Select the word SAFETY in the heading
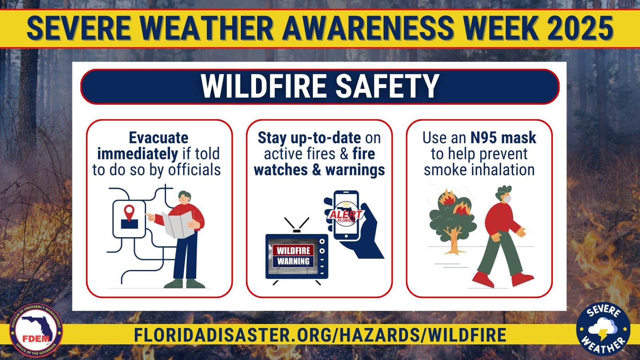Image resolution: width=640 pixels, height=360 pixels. pos(387,86)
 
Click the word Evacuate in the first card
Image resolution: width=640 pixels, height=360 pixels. pos(158,138)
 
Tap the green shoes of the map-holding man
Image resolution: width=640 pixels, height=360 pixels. pos(184,284)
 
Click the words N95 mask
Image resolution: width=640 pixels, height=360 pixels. pos(504,138)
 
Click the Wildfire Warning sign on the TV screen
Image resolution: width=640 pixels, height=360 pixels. pos(293,256)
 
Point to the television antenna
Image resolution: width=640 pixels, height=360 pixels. pos(296,225)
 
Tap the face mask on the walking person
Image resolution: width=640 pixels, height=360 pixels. pos(507,198)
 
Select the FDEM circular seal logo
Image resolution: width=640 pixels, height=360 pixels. pos(36,330)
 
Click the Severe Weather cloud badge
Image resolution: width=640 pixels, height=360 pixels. pos(603,329)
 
